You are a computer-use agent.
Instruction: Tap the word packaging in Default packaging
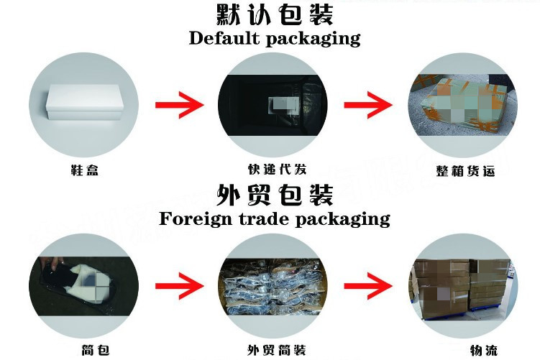[314, 39]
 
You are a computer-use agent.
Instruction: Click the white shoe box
[81, 109]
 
